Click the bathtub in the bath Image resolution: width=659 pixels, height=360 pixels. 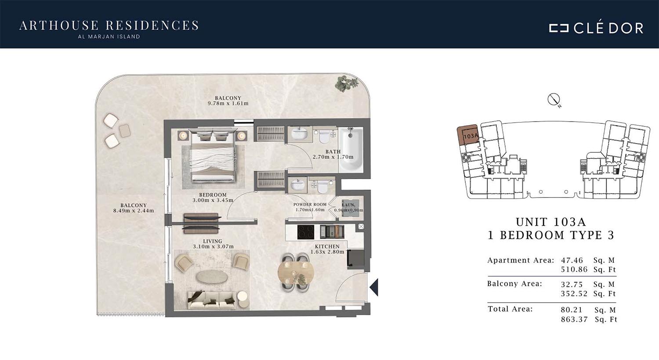point(351,149)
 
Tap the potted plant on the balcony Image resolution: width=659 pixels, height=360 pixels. point(347,83)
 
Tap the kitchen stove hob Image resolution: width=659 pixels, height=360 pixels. point(306,232)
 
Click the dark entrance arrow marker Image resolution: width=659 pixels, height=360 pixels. point(374,287)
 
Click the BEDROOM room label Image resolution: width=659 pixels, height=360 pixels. point(213,195)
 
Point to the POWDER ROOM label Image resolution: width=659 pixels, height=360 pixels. point(310,205)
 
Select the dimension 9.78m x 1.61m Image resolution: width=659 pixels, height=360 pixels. point(228,104)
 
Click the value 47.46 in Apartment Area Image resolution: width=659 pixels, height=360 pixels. point(572,260)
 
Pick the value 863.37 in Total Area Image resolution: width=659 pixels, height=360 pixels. point(574,320)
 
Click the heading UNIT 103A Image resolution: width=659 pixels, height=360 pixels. point(551,222)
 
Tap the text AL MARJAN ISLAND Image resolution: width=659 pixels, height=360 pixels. point(109,37)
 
